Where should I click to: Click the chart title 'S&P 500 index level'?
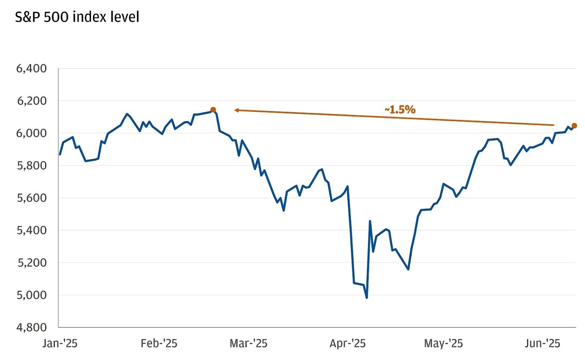(77, 17)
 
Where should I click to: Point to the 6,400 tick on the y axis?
(31, 69)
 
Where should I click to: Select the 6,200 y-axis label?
(31, 101)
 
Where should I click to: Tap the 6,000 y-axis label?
(31, 133)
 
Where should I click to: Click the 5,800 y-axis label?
(31, 166)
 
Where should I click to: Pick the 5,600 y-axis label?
(31, 198)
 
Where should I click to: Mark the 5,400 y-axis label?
(31, 230)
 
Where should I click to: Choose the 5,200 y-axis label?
(31, 263)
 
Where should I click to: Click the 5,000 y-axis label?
(31, 295)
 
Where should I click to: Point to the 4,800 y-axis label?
(31, 327)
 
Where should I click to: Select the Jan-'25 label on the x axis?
(60, 344)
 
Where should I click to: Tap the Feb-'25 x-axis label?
(159, 344)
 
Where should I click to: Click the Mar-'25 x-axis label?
(248, 344)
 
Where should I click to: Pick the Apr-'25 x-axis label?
(347, 344)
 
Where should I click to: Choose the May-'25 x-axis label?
(443, 344)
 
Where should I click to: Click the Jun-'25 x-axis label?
(542, 344)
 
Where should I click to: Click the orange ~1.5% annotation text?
(400, 110)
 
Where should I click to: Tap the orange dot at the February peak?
(213, 110)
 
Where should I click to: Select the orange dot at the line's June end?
(574, 126)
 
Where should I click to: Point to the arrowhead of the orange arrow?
(236, 110)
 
